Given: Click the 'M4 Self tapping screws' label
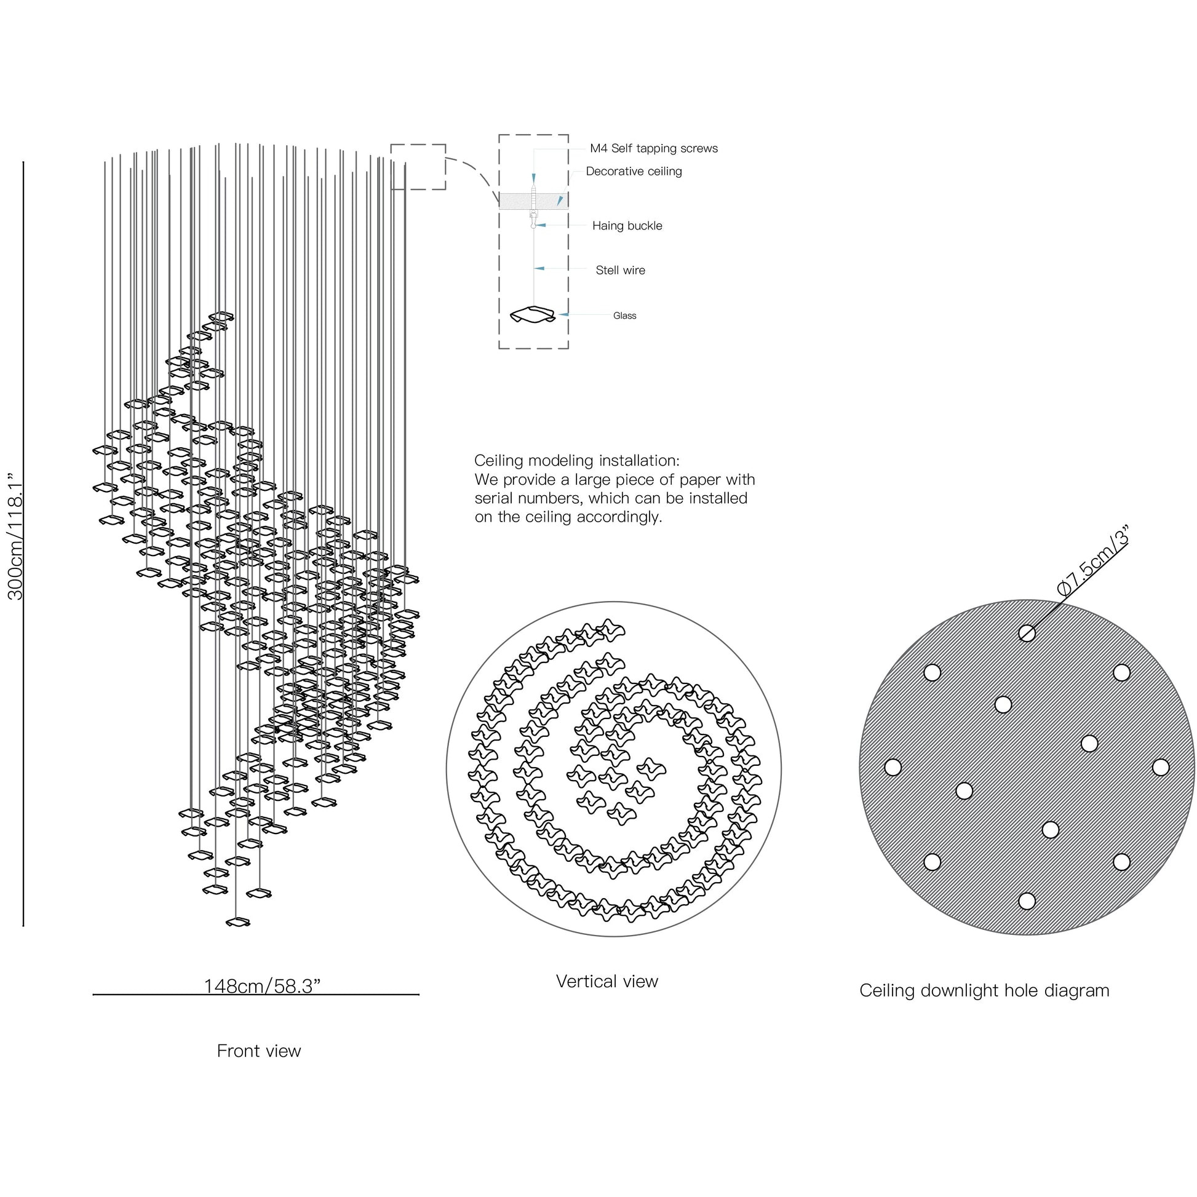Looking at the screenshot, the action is (x=654, y=149).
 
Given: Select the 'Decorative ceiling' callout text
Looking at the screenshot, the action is (x=634, y=172).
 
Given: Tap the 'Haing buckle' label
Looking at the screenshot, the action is (x=627, y=226).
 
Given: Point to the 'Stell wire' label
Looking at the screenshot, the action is (x=620, y=270).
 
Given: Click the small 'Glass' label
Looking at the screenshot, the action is (x=624, y=316).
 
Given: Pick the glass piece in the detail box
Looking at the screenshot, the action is (x=532, y=316).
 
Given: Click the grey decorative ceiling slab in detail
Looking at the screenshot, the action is (x=533, y=201).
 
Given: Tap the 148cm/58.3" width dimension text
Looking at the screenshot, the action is (x=262, y=986).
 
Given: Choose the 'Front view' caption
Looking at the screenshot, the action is (x=259, y=1051).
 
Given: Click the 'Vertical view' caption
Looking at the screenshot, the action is (x=606, y=981).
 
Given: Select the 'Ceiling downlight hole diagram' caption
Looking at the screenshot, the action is (x=984, y=991).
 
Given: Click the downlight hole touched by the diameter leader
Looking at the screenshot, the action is (x=1027, y=633).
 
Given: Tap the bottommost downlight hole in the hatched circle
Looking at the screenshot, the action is (x=1027, y=901).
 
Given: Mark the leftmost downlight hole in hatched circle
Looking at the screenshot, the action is (x=893, y=767).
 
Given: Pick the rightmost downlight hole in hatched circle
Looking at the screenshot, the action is (x=1161, y=767).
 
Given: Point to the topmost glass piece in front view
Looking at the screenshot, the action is (x=221, y=317).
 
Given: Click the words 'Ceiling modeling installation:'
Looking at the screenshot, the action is (x=577, y=461).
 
